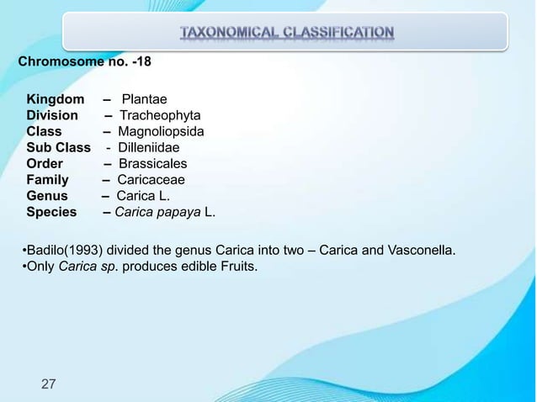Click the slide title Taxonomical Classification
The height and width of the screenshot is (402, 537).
coord(285,34)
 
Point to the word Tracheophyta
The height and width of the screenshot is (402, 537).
coord(160,115)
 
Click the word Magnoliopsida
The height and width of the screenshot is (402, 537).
coord(161,131)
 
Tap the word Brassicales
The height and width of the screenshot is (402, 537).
coord(152,163)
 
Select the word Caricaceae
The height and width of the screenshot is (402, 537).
coord(152,179)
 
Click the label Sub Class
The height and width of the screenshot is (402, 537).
coord(58,147)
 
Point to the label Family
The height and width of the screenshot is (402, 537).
coord(47,179)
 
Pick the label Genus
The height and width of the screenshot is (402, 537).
coord(47,195)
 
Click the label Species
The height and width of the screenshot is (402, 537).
coord(51,212)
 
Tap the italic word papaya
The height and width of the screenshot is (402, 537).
coord(177,212)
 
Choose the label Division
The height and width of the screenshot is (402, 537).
coord(52,115)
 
